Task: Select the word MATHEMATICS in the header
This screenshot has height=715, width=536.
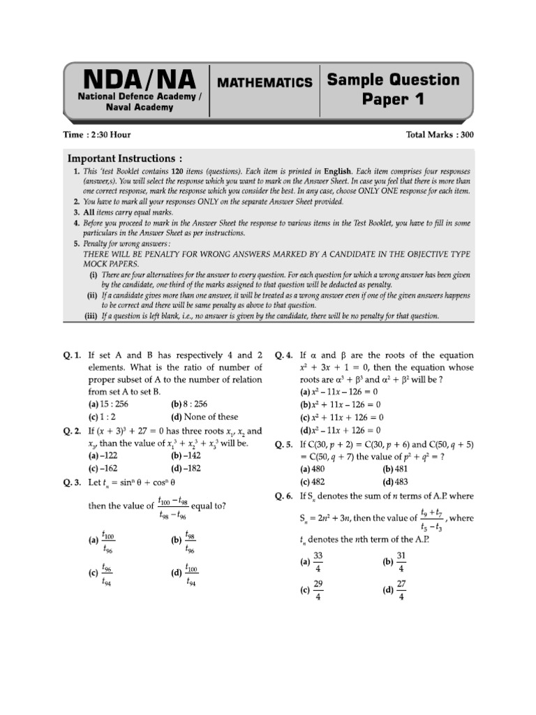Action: tap(265, 82)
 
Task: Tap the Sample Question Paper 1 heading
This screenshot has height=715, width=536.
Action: tap(394, 89)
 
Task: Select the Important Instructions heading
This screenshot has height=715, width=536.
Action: tap(119, 159)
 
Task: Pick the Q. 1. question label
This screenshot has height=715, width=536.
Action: tap(73, 355)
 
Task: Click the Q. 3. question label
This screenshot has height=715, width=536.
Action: tap(73, 481)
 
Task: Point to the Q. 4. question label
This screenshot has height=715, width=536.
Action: tap(285, 355)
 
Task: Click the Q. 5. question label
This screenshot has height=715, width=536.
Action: tap(285, 444)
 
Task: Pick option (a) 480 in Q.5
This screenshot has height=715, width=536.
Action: tap(313, 469)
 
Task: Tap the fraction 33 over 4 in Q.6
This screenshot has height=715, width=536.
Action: tap(318, 561)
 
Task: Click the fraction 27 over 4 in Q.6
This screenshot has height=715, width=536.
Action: tap(401, 590)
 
